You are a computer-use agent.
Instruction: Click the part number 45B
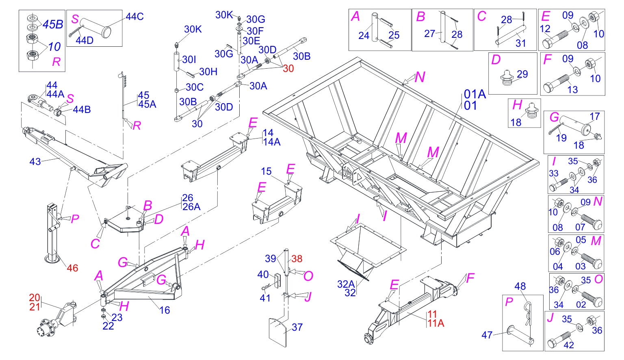click(x=53, y=24)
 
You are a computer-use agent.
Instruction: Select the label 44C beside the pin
click(x=134, y=17)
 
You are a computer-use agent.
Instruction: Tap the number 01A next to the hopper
click(x=475, y=94)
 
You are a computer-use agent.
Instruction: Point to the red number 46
click(x=72, y=268)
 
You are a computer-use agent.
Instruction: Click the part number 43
click(x=35, y=162)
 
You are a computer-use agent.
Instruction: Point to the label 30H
click(x=208, y=72)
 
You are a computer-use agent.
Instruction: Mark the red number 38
click(x=297, y=259)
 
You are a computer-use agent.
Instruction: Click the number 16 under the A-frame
click(x=165, y=310)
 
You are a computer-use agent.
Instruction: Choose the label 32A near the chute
click(x=346, y=284)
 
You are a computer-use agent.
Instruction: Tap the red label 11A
click(x=435, y=323)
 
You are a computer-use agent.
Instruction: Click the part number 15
click(x=266, y=171)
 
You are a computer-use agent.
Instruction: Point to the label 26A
click(x=191, y=207)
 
